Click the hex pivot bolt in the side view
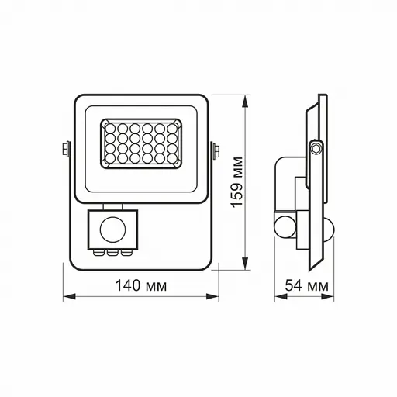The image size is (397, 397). pyautogui.click(x=316, y=147)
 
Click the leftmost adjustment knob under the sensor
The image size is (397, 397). pyautogui.click(x=101, y=251)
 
